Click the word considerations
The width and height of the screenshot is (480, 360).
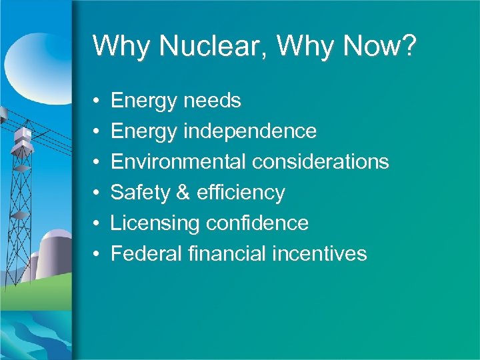coord(321,162)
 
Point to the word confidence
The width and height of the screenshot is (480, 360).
coord(257,223)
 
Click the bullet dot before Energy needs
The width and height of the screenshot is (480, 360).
coord(97,101)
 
